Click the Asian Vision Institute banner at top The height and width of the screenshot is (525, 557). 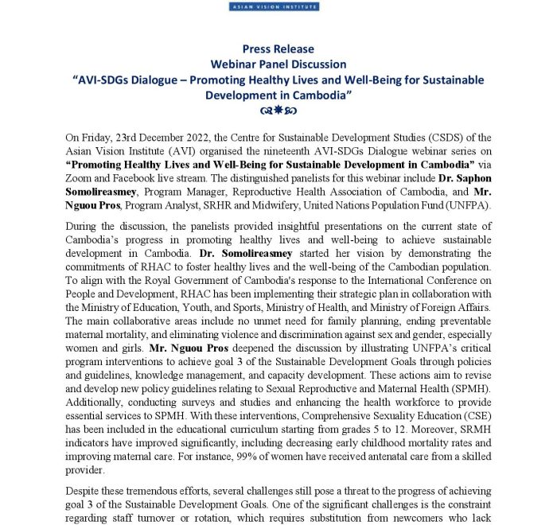[274, 6]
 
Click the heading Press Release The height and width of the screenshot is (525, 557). [278, 49]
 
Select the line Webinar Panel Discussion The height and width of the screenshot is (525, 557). [278, 64]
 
